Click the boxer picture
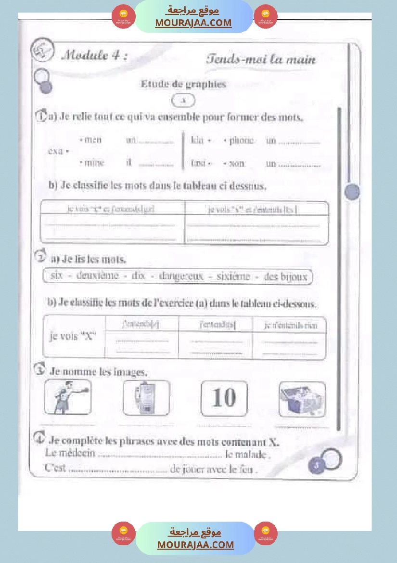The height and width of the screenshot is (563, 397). coord(67,397)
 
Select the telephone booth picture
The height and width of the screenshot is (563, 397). coord(146,397)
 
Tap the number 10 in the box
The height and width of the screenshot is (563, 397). coord(224,398)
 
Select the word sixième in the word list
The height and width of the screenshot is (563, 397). coord(233,277)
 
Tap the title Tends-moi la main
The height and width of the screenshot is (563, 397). coord(261,59)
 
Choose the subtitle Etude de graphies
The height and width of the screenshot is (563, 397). coord(183,84)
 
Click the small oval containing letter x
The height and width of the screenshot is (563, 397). coord(183,101)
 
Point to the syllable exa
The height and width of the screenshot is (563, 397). coord(56,151)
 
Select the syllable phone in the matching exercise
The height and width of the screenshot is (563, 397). coord(241,141)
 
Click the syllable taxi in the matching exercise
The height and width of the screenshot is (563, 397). coord(198,163)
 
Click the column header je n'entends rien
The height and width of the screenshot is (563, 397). coord(291,326)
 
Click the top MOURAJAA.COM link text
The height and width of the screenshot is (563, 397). coord(193,23)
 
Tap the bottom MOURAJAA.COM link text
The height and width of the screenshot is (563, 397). coord(195,545)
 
